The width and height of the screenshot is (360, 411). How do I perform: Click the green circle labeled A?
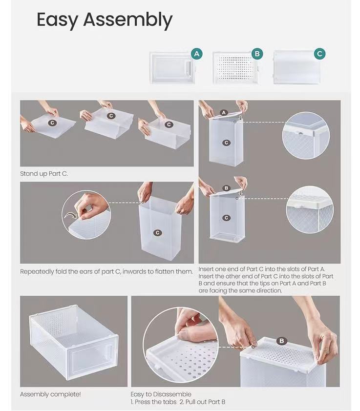[x=197, y=54]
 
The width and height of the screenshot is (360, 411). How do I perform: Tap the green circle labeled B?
[x=257, y=54]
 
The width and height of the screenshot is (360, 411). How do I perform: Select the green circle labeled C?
[x=319, y=54]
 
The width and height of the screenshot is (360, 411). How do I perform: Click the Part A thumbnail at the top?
[x=172, y=67]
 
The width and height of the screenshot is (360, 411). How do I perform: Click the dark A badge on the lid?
[x=224, y=112]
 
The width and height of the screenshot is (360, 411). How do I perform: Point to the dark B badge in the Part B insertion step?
[x=226, y=188]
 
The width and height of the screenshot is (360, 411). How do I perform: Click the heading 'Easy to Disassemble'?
[x=161, y=394]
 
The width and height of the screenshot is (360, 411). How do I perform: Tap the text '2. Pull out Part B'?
[x=201, y=402]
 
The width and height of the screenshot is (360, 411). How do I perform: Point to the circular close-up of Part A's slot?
[x=306, y=135]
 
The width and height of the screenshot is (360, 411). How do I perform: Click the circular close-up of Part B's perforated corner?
[x=310, y=210]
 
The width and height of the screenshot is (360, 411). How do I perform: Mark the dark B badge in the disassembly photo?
[x=282, y=341]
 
